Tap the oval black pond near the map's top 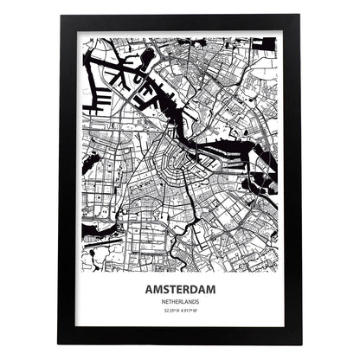148,58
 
